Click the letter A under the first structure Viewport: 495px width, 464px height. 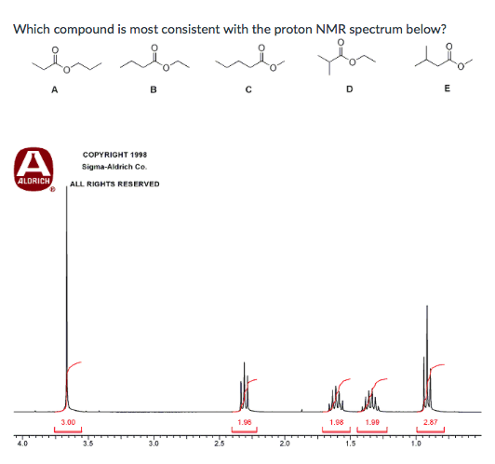(55, 90)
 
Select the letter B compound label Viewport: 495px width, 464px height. (153, 90)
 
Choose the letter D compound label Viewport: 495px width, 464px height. (349, 90)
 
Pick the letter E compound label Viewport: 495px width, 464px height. (448, 89)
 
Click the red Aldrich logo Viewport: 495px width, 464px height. (32, 167)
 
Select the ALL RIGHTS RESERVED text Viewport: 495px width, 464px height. (114, 184)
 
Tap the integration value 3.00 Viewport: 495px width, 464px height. (67, 422)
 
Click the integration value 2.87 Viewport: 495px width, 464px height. (430, 422)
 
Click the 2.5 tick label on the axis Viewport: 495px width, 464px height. (219, 444)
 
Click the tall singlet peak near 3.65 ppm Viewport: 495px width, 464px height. (67, 280)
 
